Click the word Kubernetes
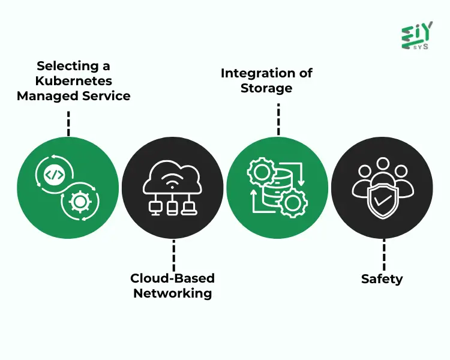pyautogui.click(x=73, y=80)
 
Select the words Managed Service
pyautogui.click(x=73, y=95)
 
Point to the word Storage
pyautogui.click(x=266, y=88)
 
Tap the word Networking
pyautogui.click(x=173, y=293)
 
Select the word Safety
pyautogui.click(x=382, y=279)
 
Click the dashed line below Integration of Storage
pyautogui.click(x=278, y=119)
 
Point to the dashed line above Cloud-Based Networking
pyautogui.click(x=173, y=254)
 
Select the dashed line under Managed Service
pyautogui.click(x=69, y=123)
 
